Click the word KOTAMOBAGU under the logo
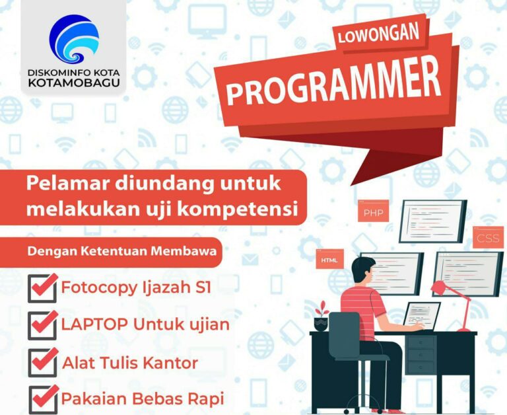point(74,83)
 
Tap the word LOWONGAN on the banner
point(378,34)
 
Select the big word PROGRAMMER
point(333,83)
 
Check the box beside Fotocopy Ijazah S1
point(43,288)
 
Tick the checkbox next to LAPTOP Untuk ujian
point(43,325)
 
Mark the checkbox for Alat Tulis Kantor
point(43,362)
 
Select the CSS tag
point(488,237)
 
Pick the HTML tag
point(329,259)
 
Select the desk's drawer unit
point(420,354)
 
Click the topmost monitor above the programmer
point(433,221)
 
